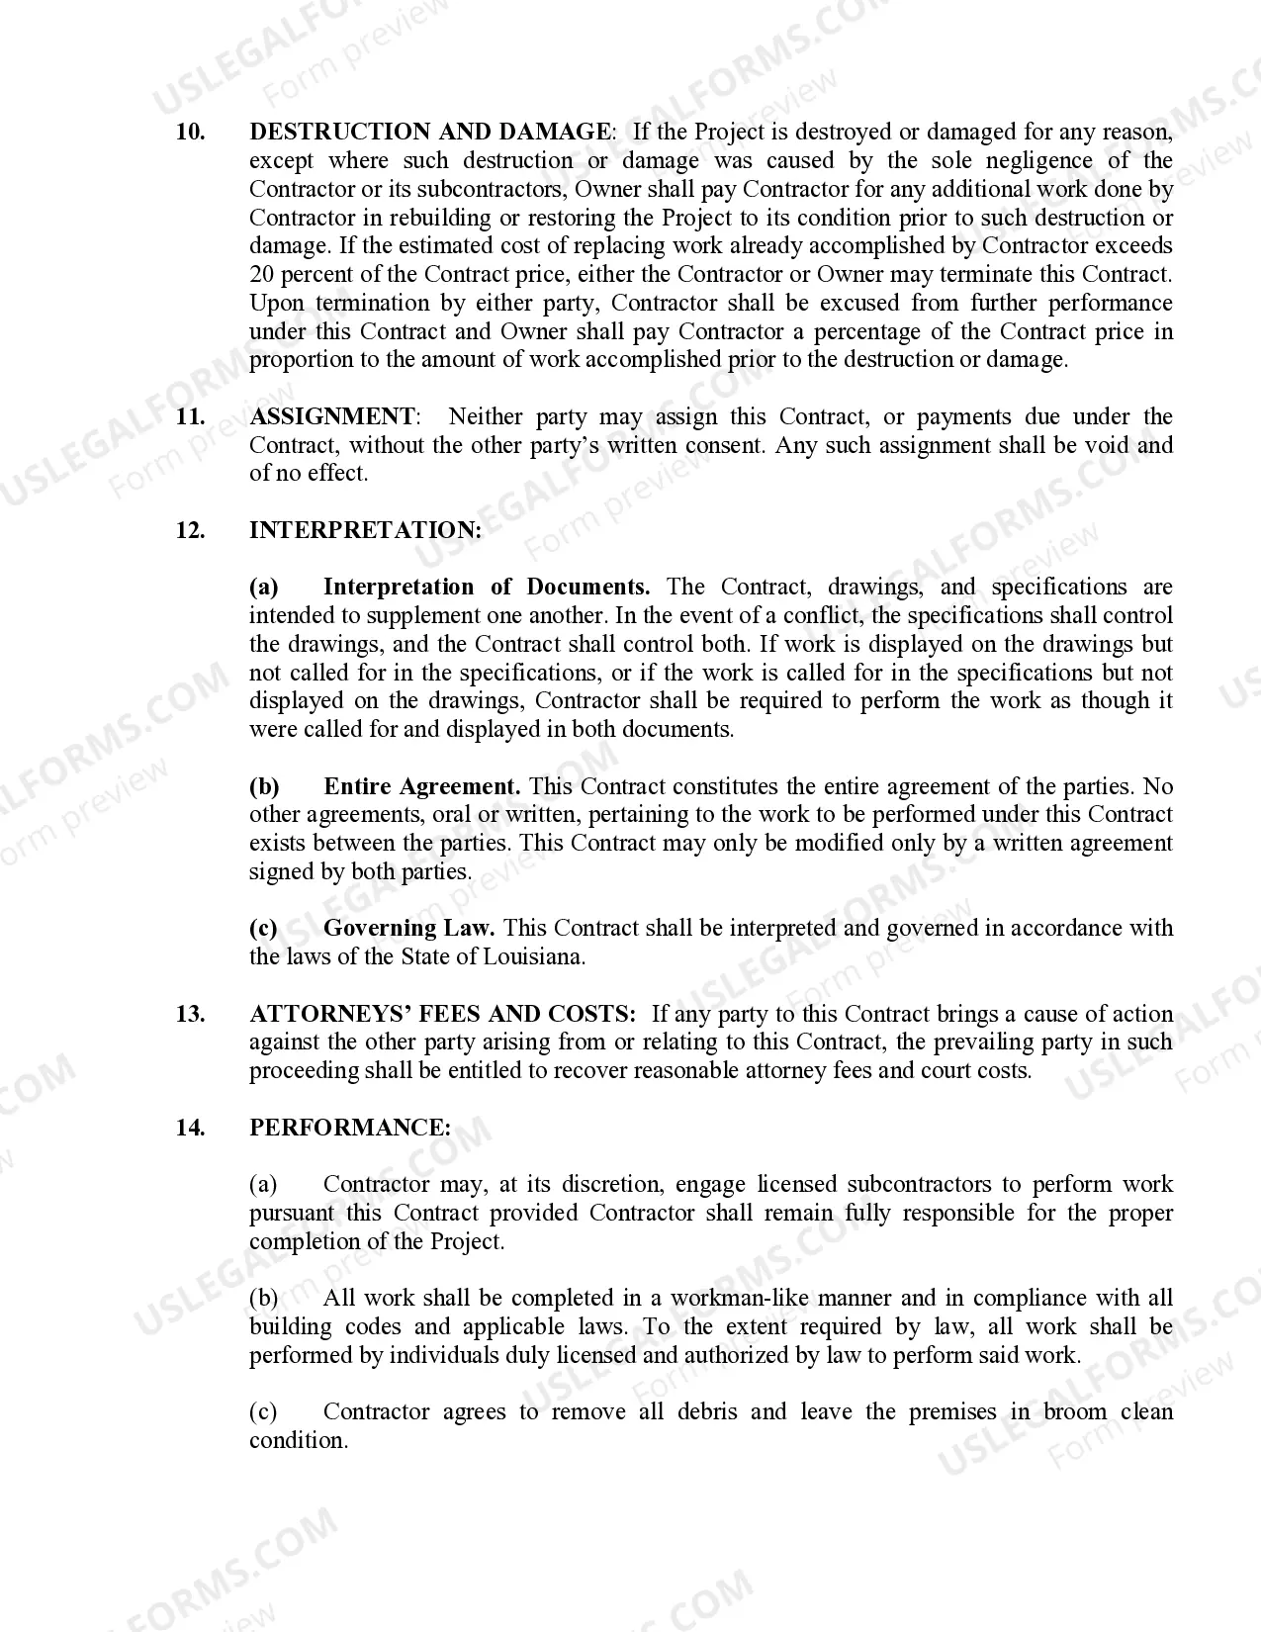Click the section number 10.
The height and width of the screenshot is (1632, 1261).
(190, 133)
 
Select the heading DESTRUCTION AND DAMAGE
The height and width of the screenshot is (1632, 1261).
(430, 133)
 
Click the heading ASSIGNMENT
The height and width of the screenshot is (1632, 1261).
(332, 417)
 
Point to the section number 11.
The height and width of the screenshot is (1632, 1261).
(190, 417)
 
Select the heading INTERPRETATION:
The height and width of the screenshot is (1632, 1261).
(365, 531)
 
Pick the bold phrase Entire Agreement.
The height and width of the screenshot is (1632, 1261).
(421, 787)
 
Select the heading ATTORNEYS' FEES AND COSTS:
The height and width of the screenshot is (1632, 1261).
(442, 1015)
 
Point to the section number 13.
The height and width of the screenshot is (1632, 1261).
(190, 1015)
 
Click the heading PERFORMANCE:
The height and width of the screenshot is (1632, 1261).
(349, 1129)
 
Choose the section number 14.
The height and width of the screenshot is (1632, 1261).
(190, 1129)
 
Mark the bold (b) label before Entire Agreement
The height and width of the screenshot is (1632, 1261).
(264, 787)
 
